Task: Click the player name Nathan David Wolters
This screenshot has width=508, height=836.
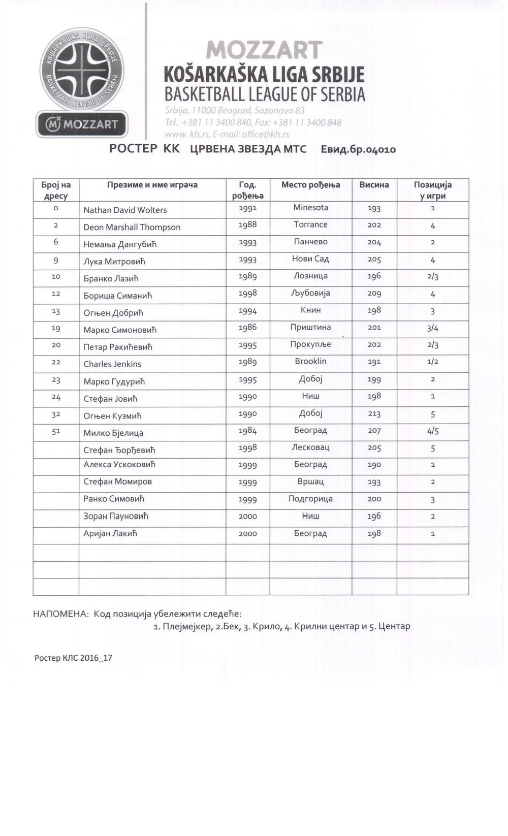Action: (x=125, y=210)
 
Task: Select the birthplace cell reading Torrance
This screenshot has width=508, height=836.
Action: (x=310, y=224)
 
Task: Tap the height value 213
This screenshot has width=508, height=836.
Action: (x=374, y=413)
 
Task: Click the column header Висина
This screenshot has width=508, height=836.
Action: (x=374, y=185)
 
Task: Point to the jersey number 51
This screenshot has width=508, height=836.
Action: (x=56, y=431)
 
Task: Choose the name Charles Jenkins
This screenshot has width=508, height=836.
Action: (x=112, y=364)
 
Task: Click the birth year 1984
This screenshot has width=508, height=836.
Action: (x=247, y=431)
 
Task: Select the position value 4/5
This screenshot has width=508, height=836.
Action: (x=433, y=431)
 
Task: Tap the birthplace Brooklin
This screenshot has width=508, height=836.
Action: (x=310, y=361)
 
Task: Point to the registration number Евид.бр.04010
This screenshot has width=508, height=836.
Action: (x=358, y=149)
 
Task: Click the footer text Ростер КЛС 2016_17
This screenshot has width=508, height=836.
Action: (x=73, y=658)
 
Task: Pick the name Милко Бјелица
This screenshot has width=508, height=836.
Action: (x=113, y=433)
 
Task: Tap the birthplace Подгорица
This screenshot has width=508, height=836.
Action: (x=310, y=498)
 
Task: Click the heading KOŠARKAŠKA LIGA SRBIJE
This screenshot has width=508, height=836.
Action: (x=264, y=75)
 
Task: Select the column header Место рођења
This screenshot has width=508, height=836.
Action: (x=310, y=185)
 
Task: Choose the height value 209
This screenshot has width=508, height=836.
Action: (x=374, y=294)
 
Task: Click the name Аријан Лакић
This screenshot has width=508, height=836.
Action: (x=110, y=533)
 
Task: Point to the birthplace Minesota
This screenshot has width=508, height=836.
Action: (x=310, y=207)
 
